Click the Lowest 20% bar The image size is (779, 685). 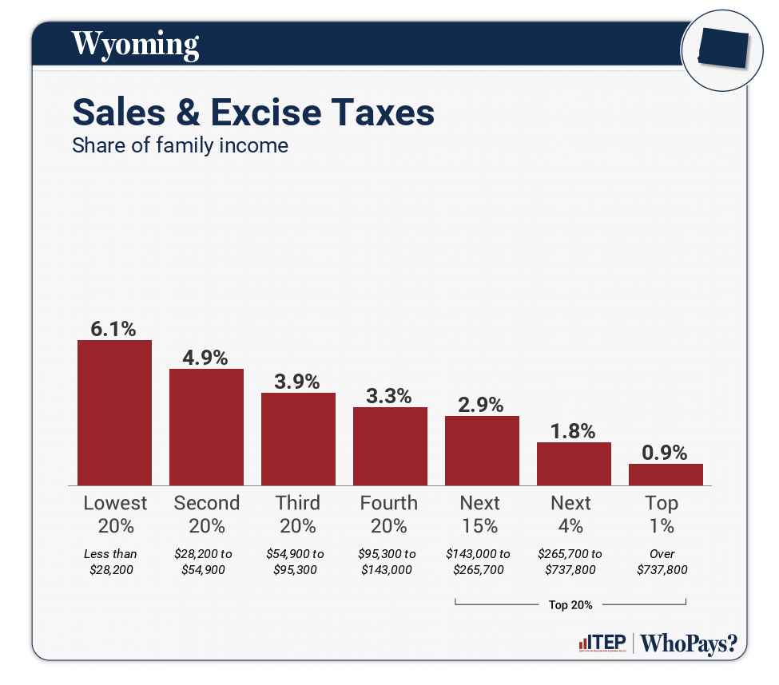pyautogui.click(x=114, y=412)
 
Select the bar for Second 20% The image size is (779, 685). pyautogui.click(x=206, y=426)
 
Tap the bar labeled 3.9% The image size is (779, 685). pyautogui.click(x=298, y=438)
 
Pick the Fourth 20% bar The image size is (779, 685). pyautogui.click(x=390, y=445)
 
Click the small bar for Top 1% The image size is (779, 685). pyautogui.click(x=666, y=474)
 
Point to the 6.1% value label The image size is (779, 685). pyautogui.click(x=114, y=328)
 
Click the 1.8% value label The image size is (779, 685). pyautogui.click(x=574, y=431)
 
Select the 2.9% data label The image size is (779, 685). pyautogui.click(x=482, y=405)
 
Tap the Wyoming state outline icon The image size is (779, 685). pyautogui.click(x=722, y=48)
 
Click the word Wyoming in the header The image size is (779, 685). pyautogui.click(x=135, y=43)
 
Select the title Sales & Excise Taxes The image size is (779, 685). pyautogui.click(x=253, y=113)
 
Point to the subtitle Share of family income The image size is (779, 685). pyautogui.click(x=180, y=146)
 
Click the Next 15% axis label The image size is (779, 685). pyautogui.click(x=480, y=514)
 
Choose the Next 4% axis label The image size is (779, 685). pyautogui.click(x=571, y=514)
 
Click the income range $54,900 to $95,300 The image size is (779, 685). pyautogui.click(x=296, y=562)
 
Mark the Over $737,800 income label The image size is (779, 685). pyautogui.click(x=662, y=562)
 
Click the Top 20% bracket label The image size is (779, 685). pyautogui.click(x=570, y=605)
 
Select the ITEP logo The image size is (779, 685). pyautogui.click(x=601, y=643)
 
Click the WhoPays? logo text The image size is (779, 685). pyautogui.click(x=689, y=643)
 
